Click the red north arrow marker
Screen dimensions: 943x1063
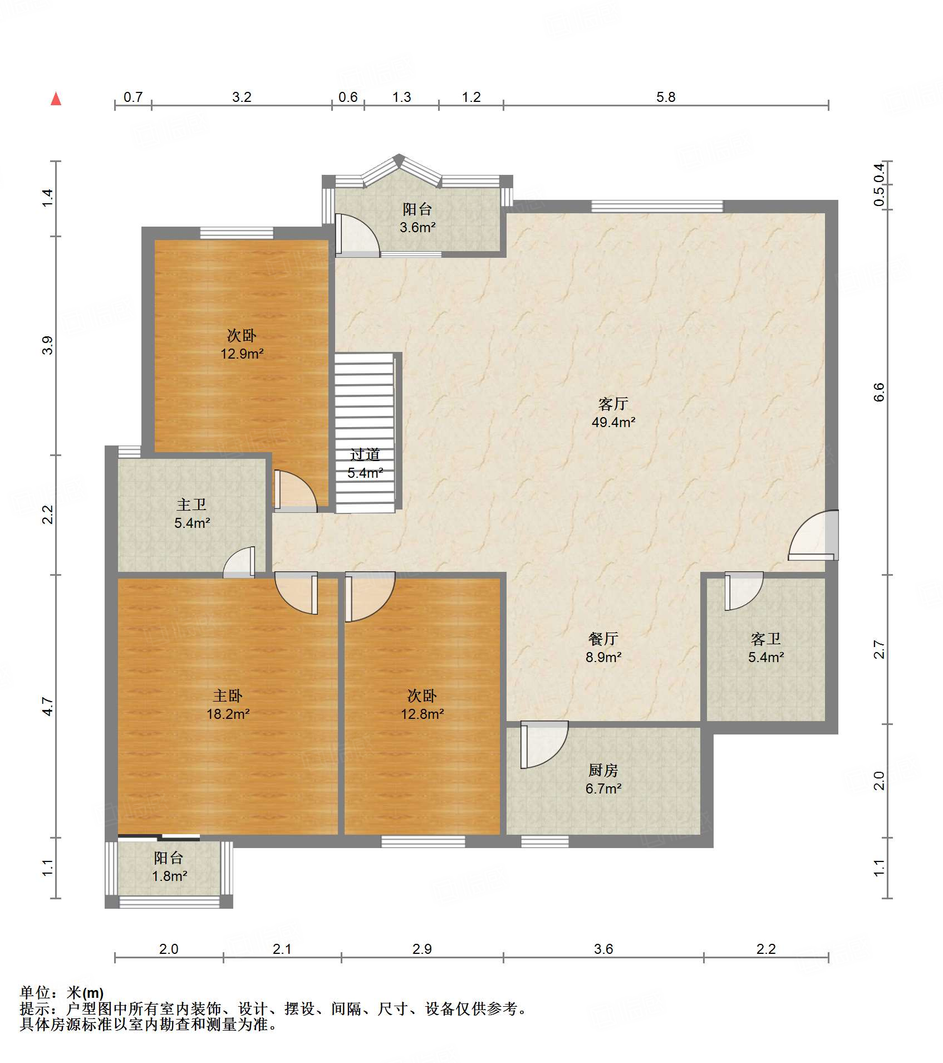56,99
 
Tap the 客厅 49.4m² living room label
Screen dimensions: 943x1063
613,413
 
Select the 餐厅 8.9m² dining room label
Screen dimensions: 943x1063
603,648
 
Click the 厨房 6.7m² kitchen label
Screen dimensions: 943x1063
603,779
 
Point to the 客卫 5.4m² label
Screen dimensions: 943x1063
766,648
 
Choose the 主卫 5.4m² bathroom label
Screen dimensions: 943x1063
192,513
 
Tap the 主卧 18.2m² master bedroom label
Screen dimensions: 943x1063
228,704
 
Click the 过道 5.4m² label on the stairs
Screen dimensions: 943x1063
365,463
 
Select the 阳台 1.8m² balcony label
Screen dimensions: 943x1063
169,866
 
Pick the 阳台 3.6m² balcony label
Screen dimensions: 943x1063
418,218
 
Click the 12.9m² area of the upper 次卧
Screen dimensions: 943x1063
242,354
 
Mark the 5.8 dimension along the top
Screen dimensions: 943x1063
666,97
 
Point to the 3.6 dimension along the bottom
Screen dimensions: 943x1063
603,949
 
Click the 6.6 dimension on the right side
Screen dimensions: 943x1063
879,392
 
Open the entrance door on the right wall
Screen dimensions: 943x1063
814,535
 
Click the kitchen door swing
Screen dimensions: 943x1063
544,744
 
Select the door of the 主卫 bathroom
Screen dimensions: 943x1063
239,562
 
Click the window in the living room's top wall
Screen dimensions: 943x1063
657,207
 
